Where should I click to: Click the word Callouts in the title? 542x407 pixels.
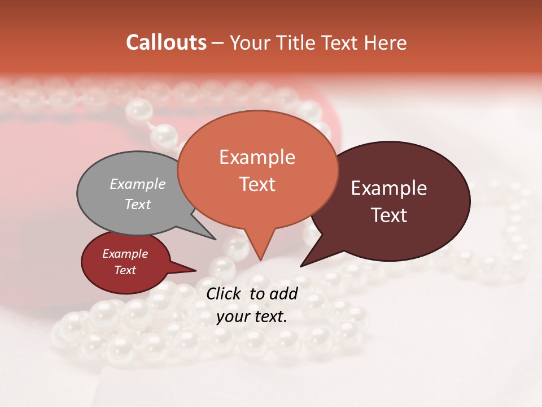click(166, 42)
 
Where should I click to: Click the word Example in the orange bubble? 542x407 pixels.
click(257, 157)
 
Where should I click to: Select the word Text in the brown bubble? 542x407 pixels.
click(389, 215)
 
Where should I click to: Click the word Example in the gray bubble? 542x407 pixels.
click(138, 184)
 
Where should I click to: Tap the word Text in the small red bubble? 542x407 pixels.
click(125, 270)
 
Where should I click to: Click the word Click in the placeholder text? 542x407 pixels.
click(225, 293)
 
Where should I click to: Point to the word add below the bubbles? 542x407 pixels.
click(283, 293)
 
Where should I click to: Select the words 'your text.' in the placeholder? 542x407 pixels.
click(252, 317)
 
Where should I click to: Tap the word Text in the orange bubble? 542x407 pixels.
click(257, 184)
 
